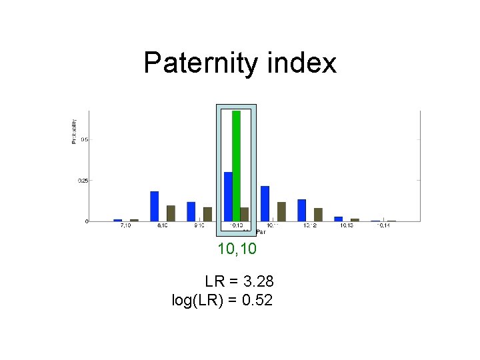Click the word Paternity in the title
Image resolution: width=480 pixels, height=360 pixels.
coord(190,63)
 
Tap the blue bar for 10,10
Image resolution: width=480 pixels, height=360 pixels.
coord(228,196)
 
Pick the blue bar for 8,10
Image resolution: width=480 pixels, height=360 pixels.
coord(154,206)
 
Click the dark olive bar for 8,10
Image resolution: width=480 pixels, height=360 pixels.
coord(171,213)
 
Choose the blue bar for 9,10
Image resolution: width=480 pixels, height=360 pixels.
coord(191,211)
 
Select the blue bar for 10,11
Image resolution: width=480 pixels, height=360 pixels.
coord(265,203)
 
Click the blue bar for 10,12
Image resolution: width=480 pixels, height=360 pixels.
coord(301,210)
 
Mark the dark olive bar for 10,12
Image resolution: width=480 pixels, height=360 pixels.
coord(318,214)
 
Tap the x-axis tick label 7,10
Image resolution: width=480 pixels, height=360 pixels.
coord(125,227)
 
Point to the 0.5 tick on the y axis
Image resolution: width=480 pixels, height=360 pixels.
coord(84,139)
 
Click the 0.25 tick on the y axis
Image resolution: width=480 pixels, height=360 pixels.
coord(82,180)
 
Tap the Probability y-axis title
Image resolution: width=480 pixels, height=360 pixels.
coord(74,131)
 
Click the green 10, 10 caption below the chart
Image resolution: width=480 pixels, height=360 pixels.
coord(237,249)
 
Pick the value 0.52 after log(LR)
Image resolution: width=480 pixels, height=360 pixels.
coord(257,301)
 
